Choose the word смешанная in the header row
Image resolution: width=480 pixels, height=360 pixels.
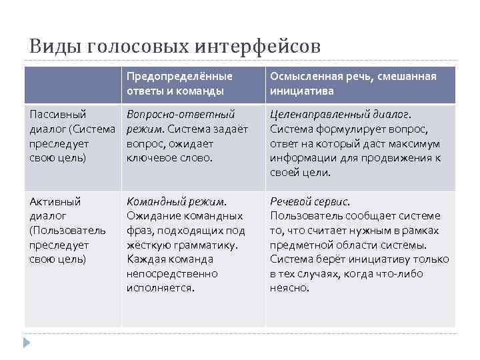pyautogui.click(x=405, y=77)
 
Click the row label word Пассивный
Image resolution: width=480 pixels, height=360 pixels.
pyautogui.click(x=58, y=114)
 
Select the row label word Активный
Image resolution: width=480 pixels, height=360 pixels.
pyautogui.click(x=55, y=201)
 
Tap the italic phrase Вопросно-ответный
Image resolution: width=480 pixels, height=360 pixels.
pyautogui.click(x=181, y=114)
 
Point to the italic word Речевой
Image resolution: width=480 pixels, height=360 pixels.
pyautogui.click(x=291, y=201)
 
